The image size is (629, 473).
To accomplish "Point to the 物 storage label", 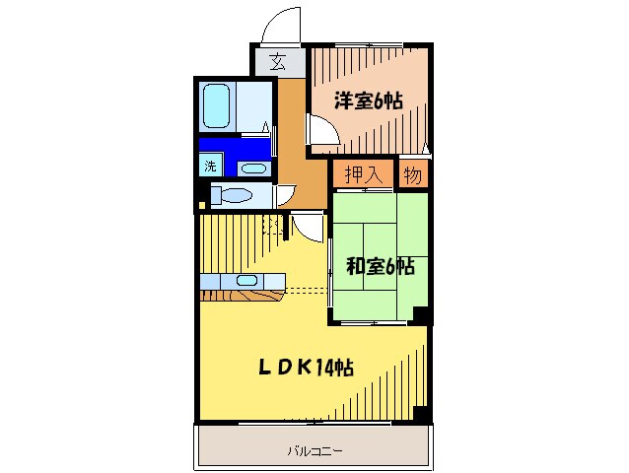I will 412,174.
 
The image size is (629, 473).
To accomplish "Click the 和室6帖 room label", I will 380,266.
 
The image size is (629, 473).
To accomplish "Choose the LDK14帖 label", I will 307,368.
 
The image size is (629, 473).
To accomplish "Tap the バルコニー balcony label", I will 314,450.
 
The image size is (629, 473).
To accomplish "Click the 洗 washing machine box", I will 210,167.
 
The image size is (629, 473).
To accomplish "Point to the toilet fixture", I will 234,195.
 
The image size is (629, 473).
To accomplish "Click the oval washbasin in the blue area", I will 253,169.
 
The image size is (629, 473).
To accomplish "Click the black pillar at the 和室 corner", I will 421,315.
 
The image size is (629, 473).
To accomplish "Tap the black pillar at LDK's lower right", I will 423,415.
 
